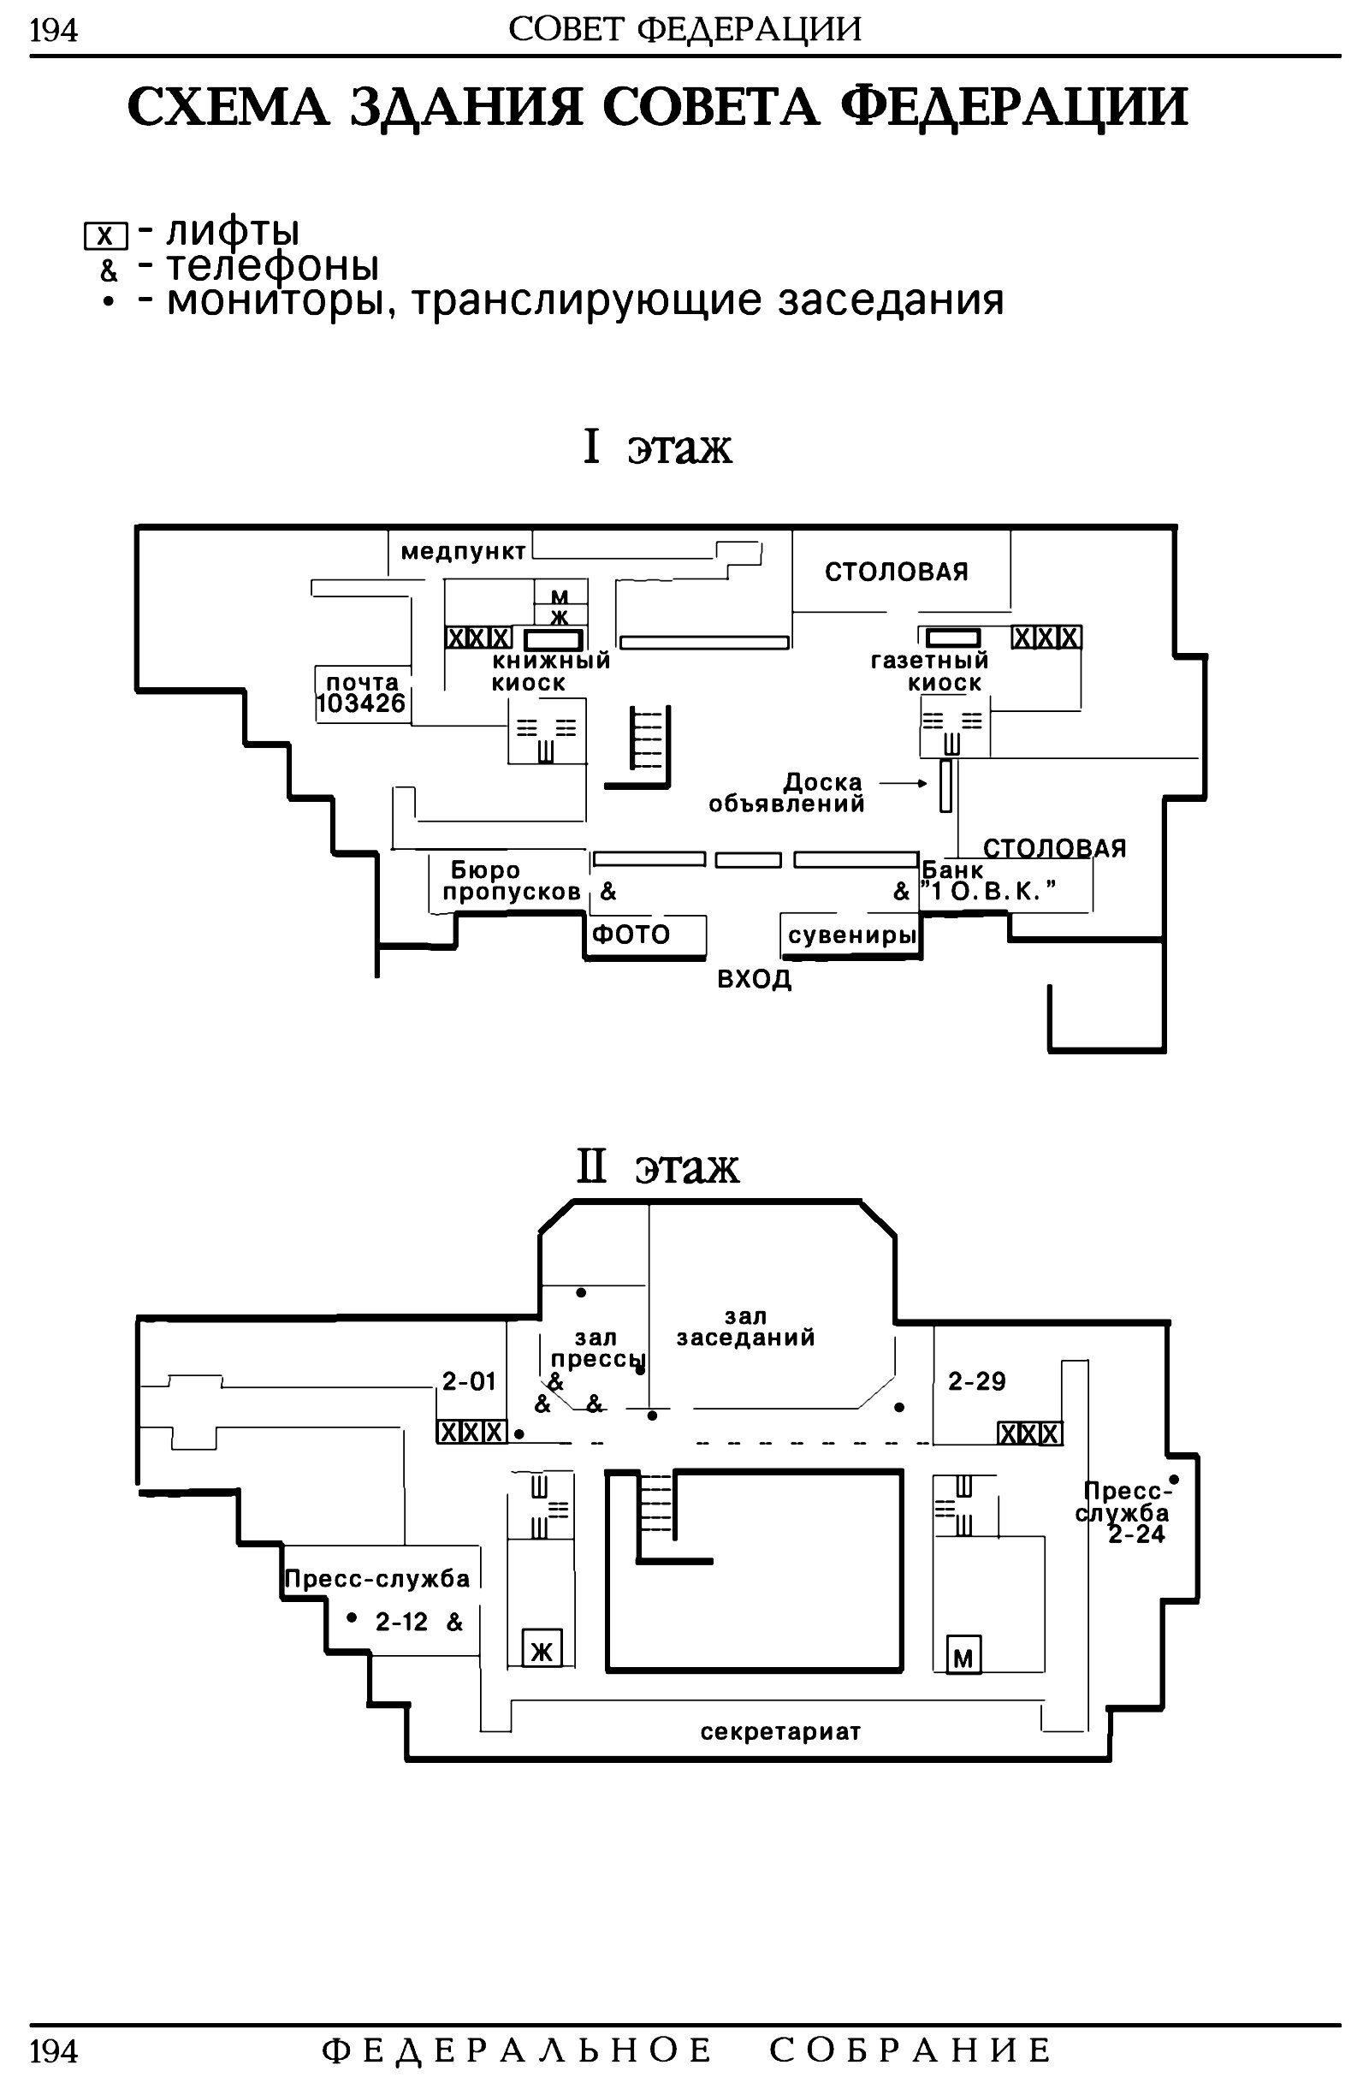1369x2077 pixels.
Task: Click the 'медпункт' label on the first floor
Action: [x=464, y=552]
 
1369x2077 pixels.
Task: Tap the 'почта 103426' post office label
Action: [x=361, y=693]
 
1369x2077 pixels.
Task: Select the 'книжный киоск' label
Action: [x=551, y=673]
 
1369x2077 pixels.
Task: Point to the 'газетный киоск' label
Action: [x=930, y=673]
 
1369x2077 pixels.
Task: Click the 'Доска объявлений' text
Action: [x=786, y=792]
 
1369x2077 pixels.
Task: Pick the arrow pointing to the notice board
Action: [x=904, y=783]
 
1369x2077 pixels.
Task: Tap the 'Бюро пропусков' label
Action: [x=512, y=881]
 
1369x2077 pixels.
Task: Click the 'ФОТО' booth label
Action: [x=631, y=935]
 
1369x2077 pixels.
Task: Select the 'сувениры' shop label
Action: [x=852, y=936]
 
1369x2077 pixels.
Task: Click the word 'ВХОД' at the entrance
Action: [x=755, y=979]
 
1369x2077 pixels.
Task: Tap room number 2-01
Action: [x=469, y=1381]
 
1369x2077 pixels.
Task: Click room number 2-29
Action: [x=977, y=1381]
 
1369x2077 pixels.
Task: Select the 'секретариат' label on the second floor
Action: [x=780, y=1731]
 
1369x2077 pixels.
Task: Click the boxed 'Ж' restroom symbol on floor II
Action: [x=542, y=1649]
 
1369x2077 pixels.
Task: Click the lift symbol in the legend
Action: [x=105, y=235]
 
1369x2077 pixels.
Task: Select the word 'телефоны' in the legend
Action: [x=272, y=265]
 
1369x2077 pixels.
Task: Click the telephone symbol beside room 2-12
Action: [x=455, y=1621]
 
